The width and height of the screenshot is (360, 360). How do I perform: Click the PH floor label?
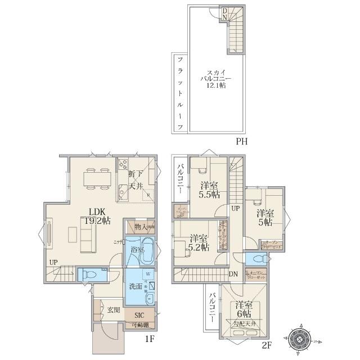point(242,142)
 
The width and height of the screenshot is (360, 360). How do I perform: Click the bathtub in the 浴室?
point(147,250)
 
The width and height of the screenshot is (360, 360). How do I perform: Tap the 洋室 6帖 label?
point(244,309)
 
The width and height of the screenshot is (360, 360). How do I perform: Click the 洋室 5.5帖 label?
point(209,190)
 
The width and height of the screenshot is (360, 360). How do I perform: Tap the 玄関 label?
point(113,309)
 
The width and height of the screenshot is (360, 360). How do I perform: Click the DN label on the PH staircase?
point(224,13)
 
